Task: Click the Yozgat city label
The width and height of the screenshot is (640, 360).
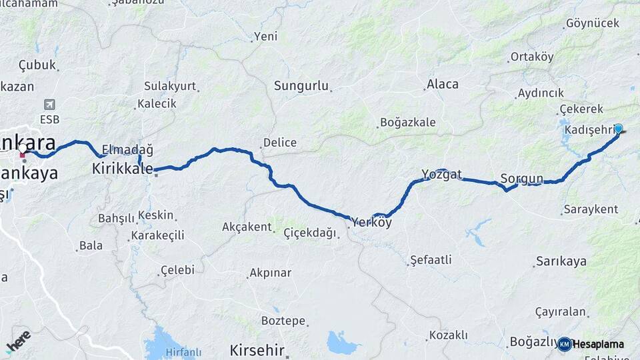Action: click(x=441, y=175)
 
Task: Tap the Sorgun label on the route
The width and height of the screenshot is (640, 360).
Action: click(x=522, y=179)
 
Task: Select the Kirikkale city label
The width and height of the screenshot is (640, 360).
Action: click(x=122, y=169)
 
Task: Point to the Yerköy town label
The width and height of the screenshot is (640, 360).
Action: click(x=371, y=223)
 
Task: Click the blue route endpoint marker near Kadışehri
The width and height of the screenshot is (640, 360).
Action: click(x=618, y=129)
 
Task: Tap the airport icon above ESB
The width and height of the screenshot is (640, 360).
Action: click(x=49, y=105)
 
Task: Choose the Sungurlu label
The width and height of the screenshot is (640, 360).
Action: click(x=302, y=86)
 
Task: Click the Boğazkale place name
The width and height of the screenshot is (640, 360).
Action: click(x=407, y=122)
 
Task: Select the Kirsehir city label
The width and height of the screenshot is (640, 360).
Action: click(x=257, y=350)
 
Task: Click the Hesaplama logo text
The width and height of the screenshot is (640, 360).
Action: click(x=598, y=345)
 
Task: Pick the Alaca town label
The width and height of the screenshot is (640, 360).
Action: click(x=443, y=84)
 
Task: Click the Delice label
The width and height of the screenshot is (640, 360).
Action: click(x=280, y=143)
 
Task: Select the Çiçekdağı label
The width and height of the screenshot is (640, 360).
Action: click(x=310, y=233)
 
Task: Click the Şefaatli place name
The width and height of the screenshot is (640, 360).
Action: click(x=431, y=259)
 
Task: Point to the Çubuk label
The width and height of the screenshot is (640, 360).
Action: click(x=37, y=65)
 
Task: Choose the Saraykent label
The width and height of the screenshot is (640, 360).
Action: click(x=591, y=209)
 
